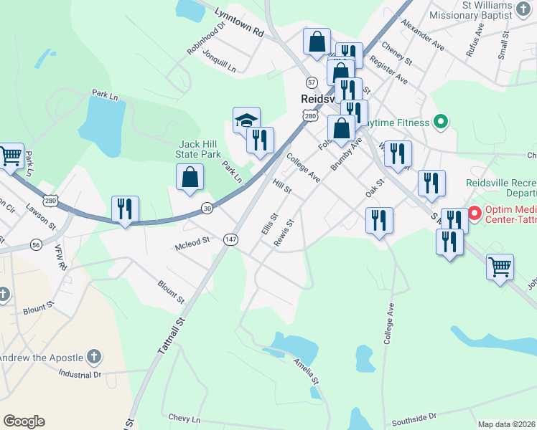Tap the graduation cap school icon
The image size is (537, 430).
[246, 120]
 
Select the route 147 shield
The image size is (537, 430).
[230, 239]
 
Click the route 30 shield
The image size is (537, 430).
[207, 209]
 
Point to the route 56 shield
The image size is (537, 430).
[35, 244]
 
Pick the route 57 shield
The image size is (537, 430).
[311, 82]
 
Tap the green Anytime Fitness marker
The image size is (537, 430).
[442, 123]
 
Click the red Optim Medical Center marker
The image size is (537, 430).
[474, 213]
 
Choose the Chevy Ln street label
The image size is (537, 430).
[185, 417]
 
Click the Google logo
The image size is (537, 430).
[24, 421]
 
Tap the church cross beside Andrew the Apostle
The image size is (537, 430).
[93, 356]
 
